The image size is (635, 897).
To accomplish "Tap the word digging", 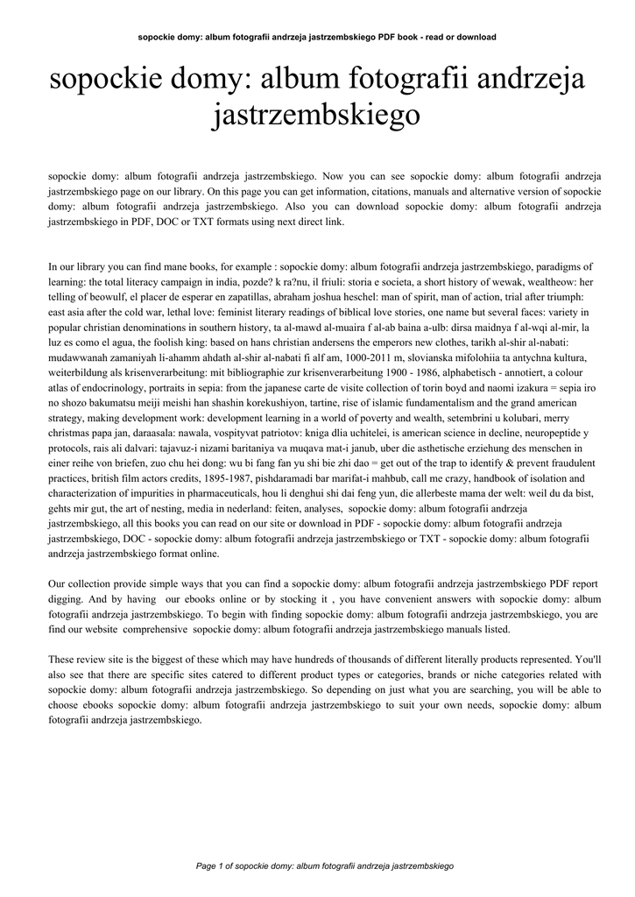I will [x=65, y=599].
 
